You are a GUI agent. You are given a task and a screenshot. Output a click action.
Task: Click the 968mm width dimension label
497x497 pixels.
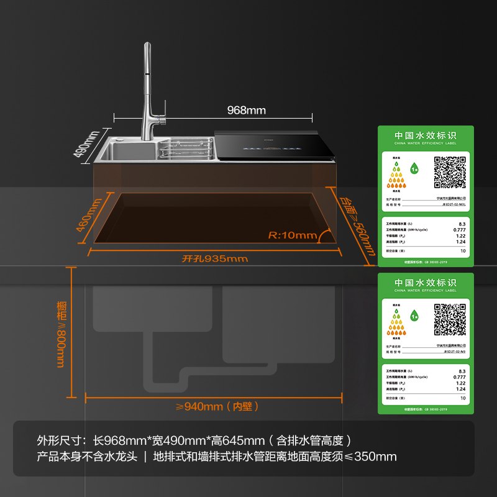click(x=246, y=111)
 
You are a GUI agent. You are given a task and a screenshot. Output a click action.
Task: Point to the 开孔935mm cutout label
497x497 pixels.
click(x=215, y=258)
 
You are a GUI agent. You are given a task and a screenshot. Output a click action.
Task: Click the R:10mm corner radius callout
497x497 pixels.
click(x=292, y=235)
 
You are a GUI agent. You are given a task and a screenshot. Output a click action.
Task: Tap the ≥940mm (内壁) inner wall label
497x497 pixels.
click(x=217, y=406)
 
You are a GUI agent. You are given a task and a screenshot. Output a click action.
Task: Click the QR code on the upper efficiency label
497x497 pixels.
click(x=449, y=171)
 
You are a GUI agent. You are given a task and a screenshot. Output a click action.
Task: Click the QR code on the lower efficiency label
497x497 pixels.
click(x=449, y=319)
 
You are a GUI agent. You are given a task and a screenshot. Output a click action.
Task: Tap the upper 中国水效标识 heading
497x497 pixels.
click(x=426, y=135)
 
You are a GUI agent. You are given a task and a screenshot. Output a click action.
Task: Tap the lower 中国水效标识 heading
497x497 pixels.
click(x=426, y=283)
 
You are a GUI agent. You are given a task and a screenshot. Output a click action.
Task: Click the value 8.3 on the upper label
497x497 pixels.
click(x=462, y=224)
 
